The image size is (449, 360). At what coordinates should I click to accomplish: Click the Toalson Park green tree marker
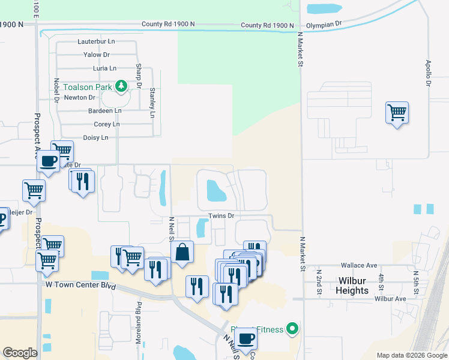(x=122, y=86)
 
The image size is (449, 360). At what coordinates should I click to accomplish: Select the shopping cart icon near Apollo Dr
(x=397, y=112)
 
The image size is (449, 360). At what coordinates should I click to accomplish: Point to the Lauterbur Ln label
(x=96, y=41)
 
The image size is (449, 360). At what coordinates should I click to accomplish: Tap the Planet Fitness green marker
(x=292, y=328)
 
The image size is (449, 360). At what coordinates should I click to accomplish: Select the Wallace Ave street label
(x=358, y=265)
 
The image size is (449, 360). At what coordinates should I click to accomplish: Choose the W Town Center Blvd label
(x=80, y=284)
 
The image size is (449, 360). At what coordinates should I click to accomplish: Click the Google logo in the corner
(x=20, y=352)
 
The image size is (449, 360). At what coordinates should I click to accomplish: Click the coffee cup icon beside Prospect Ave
(x=48, y=160)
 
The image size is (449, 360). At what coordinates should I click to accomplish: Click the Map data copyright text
(x=412, y=355)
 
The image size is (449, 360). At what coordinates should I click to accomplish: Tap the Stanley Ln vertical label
(x=152, y=102)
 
